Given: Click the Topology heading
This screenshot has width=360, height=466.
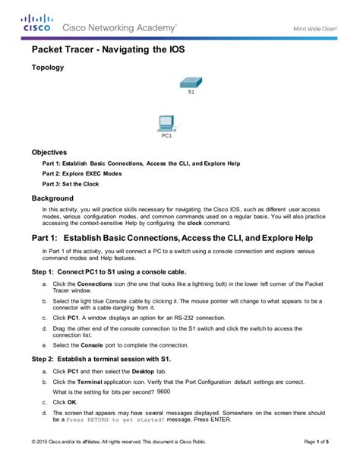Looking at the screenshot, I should pos(47,68).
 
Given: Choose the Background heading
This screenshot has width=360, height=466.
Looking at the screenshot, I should pos(52,198).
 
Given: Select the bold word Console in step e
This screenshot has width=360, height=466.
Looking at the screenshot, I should pos(93,344).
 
